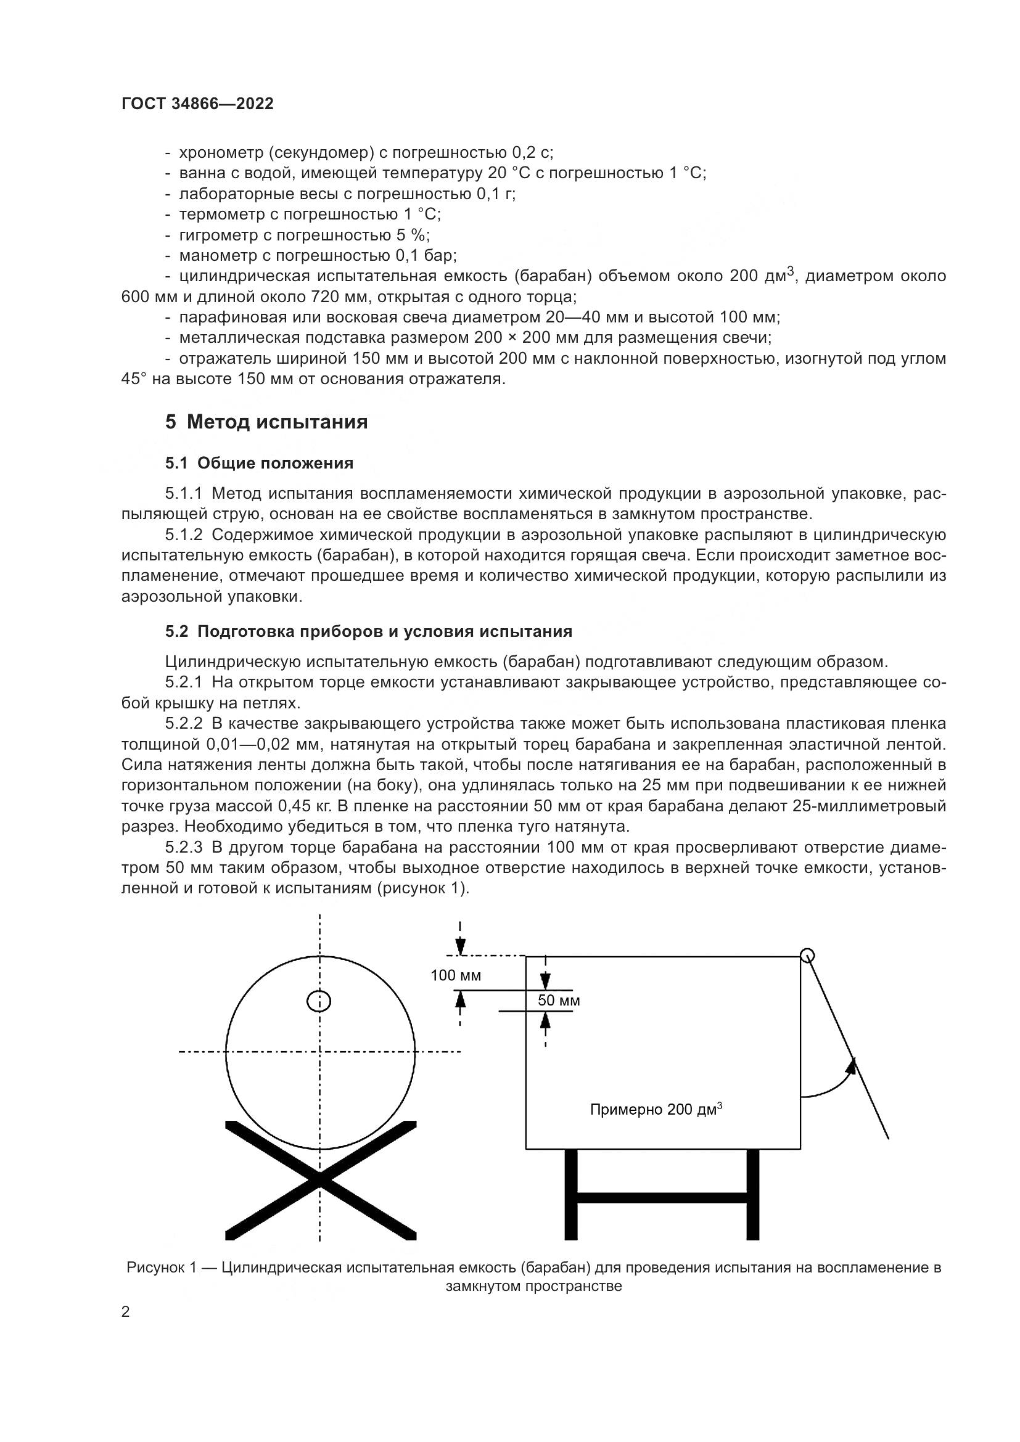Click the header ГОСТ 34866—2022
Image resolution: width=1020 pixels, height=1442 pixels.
pos(197,104)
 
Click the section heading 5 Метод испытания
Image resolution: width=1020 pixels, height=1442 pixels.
pos(266,422)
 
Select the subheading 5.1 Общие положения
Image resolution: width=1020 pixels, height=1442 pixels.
pos(259,464)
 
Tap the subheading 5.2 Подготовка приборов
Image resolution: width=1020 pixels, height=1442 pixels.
pos(369,631)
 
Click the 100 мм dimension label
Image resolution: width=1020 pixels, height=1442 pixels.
pos(455,975)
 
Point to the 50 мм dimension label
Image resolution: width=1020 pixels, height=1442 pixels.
pos(558,1001)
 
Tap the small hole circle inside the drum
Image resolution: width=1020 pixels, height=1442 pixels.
pos(319,1001)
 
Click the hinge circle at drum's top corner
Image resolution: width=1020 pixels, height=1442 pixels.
pos(807,956)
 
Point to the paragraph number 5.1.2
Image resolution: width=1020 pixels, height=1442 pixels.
pos(183,535)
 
